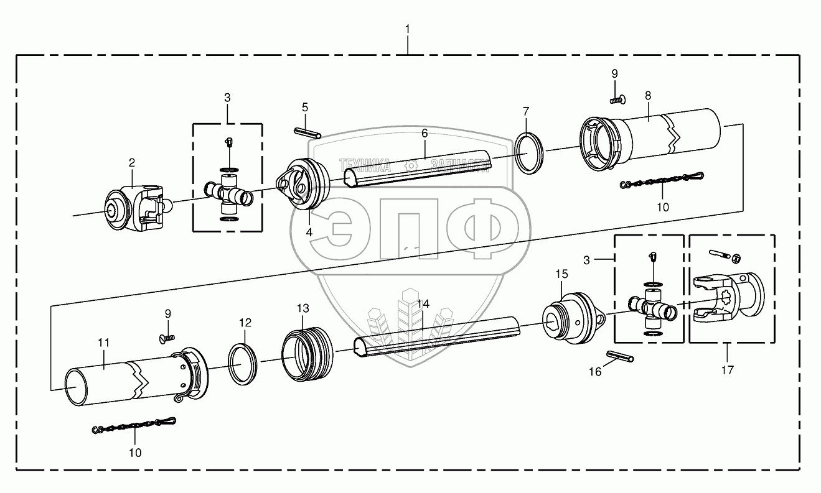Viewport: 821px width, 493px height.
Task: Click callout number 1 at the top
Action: point(408,29)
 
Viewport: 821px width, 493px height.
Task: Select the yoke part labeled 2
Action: point(134,208)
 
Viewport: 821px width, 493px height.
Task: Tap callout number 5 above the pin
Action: point(305,107)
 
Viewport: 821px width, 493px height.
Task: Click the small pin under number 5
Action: point(307,132)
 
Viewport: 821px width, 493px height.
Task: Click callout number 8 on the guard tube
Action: point(648,96)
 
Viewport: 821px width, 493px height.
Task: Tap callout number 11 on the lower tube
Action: point(104,343)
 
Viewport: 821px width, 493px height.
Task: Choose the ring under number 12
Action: point(245,364)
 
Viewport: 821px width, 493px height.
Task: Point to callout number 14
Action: point(423,303)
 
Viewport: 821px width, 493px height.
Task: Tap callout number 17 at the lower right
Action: point(727,370)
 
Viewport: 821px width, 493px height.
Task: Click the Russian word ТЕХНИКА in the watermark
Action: point(365,165)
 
